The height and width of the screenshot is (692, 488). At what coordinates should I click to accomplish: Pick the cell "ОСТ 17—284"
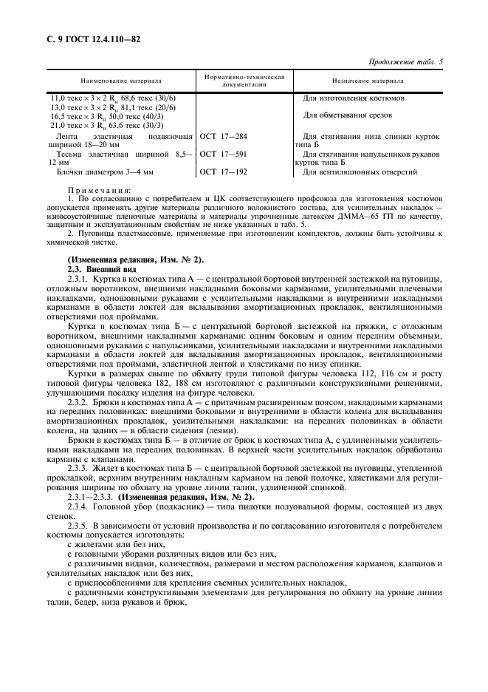[x=224, y=137]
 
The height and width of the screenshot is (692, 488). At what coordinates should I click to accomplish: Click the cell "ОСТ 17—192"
[x=224, y=172]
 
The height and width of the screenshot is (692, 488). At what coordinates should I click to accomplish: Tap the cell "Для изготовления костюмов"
[x=353, y=98]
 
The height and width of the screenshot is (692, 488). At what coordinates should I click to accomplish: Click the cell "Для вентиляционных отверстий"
[x=360, y=172]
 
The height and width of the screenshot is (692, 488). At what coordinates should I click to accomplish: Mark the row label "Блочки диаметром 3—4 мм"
[x=105, y=172]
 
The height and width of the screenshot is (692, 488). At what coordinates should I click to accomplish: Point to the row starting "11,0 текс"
[x=112, y=98]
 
